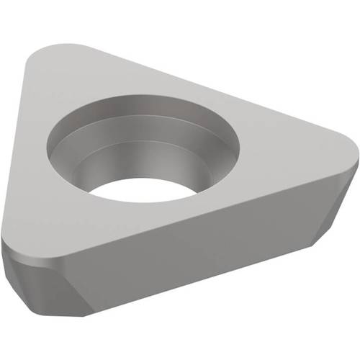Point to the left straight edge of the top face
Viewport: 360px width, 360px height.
point(22,144)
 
